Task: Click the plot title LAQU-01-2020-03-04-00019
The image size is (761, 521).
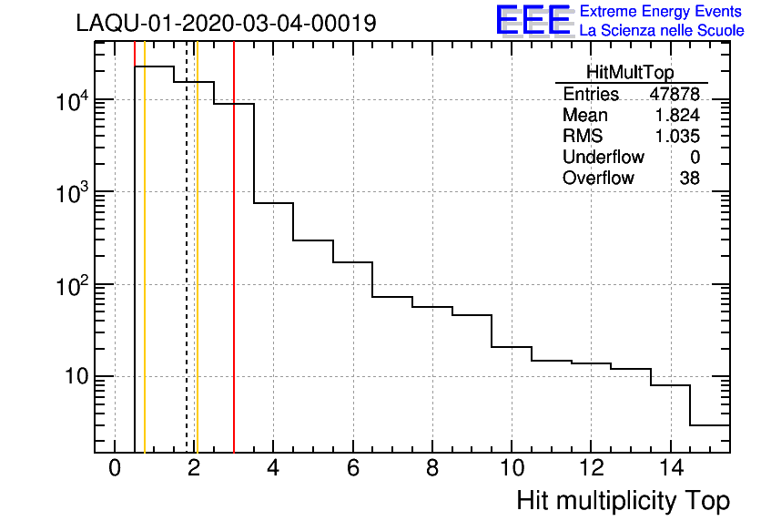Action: pyautogui.click(x=226, y=24)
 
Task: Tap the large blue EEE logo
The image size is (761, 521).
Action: pyautogui.click(x=533, y=20)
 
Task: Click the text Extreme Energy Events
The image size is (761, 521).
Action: pyautogui.click(x=661, y=12)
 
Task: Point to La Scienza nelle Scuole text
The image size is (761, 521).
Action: pyautogui.click(x=661, y=31)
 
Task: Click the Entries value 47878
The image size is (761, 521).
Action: pyautogui.click(x=674, y=95)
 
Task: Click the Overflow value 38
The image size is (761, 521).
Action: pyautogui.click(x=689, y=179)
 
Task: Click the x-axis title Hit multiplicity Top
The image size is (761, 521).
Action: pyautogui.click(x=623, y=501)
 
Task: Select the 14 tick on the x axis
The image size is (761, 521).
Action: pyautogui.click(x=670, y=468)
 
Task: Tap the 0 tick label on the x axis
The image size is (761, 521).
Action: pyautogui.click(x=115, y=468)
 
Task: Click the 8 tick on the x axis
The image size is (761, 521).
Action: pyautogui.click(x=431, y=468)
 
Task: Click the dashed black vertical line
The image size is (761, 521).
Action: pyautogui.click(x=187, y=273)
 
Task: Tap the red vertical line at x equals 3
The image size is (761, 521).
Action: pyautogui.click(x=234, y=273)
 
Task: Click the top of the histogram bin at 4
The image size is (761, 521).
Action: pyautogui.click(x=273, y=202)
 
